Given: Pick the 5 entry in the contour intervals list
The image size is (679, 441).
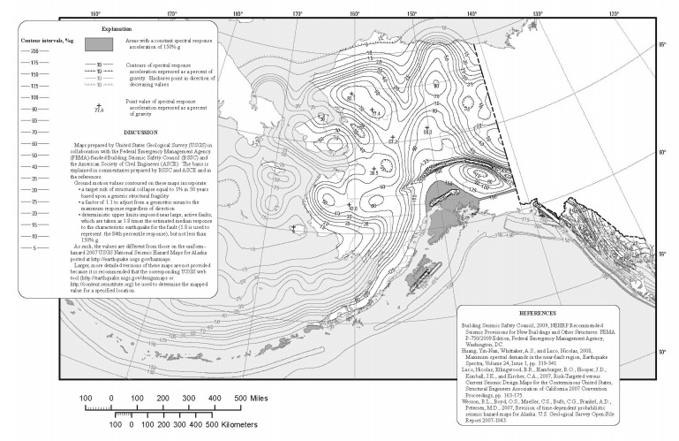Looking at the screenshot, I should point(35,248).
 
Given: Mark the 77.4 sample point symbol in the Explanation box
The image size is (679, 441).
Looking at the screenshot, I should point(99,107).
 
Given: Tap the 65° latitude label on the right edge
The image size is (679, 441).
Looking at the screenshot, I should point(658,44).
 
